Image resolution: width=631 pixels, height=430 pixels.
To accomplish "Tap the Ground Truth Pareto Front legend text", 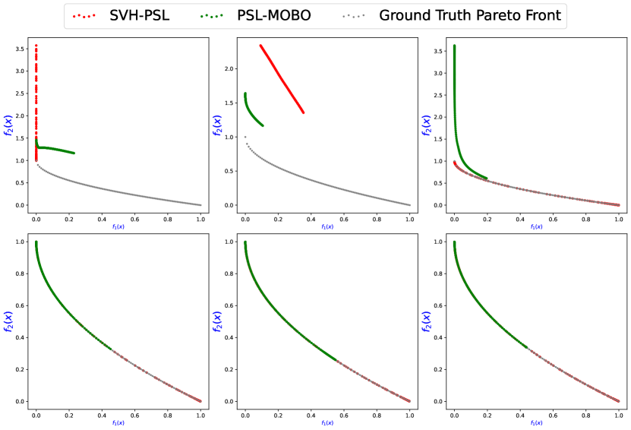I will pyautogui.click(x=471, y=15).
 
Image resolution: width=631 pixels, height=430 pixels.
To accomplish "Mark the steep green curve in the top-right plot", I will pyautogui.click(x=456, y=129).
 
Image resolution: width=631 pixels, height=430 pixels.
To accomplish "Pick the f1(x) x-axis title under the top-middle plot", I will pyautogui.click(x=327, y=227).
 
